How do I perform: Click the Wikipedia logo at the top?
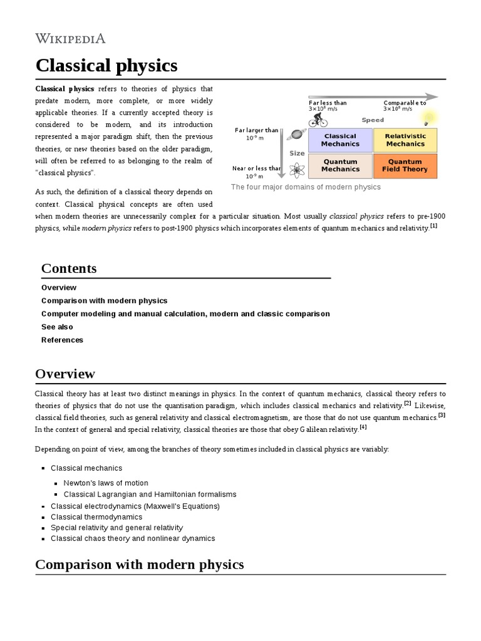(x=70, y=38)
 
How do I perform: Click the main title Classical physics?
(x=106, y=65)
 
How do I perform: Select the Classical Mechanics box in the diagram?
(x=340, y=140)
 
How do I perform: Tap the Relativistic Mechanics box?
(x=405, y=140)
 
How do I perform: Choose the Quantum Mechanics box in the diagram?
(x=340, y=165)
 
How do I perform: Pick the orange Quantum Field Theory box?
(x=405, y=165)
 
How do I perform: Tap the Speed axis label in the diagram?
(x=373, y=120)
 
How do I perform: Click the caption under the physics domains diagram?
(x=306, y=187)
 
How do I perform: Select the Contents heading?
(x=69, y=269)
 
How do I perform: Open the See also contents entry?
(x=57, y=327)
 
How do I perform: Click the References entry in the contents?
(x=62, y=340)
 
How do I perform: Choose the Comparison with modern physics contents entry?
(x=105, y=300)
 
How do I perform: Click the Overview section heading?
(x=65, y=374)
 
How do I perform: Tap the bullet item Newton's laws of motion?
(x=106, y=483)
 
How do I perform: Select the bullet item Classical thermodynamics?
(x=96, y=517)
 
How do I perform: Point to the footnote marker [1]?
(x=433, y=226)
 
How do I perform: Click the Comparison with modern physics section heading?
(x=139, y=565)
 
